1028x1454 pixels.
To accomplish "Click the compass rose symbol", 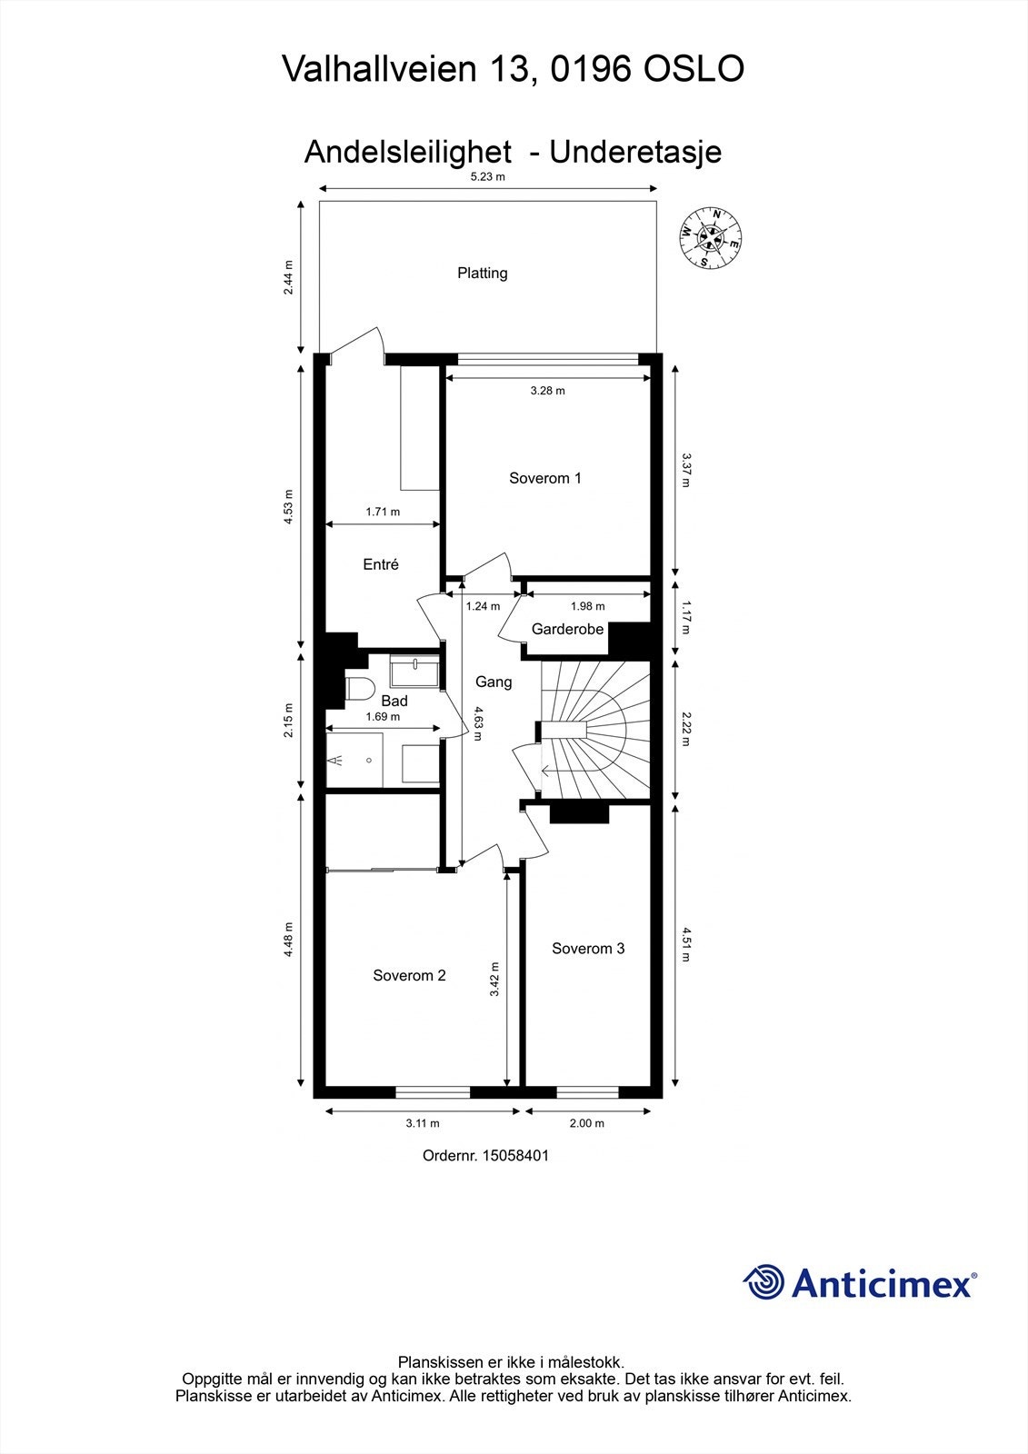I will coord(711,238).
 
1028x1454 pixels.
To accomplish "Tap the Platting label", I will coord(482,273).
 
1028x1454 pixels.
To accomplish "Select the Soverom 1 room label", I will coord(544,478).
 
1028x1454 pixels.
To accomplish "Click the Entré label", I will coord(381,564).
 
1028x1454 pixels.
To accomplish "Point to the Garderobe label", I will coord(567,629).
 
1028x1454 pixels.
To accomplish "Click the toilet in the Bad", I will coord(357,688).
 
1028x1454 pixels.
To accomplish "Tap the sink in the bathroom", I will coord(414,673).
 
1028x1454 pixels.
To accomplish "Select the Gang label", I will coord(494,682).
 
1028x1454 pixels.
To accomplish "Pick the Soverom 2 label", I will coord(409,975).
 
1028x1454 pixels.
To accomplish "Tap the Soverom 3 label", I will coord(588,948).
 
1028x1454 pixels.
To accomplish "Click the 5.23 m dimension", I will coord(487,177).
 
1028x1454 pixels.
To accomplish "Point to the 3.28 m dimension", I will coord(547,391).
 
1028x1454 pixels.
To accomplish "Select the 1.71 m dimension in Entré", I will coord(383,512).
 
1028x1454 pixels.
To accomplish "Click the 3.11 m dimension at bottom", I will coord(422,1123).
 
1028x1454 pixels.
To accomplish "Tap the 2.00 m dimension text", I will coord(586,1123).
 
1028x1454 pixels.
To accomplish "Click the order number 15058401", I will coord(515,1156).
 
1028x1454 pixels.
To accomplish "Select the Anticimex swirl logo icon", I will coord(764,1283).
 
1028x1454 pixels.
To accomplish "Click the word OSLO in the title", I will coord(694,69).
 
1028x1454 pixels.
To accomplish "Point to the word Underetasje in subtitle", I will coord(635,151).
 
